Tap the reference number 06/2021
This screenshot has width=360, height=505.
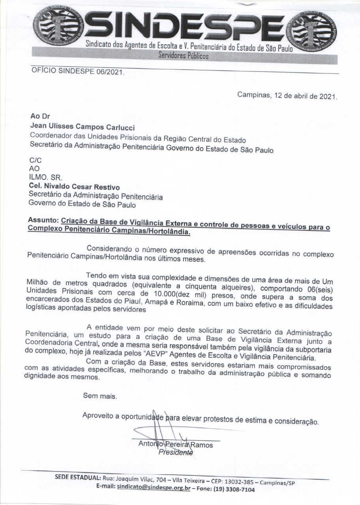click(x=107, y=73)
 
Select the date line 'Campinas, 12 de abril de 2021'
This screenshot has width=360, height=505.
click(x=287, y=95)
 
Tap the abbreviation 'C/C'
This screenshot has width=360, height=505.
click(x=36, y=161)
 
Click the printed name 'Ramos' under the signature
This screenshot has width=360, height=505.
click(x=202, y=445)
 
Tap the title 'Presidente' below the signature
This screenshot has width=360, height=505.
click(x=176, y=453)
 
